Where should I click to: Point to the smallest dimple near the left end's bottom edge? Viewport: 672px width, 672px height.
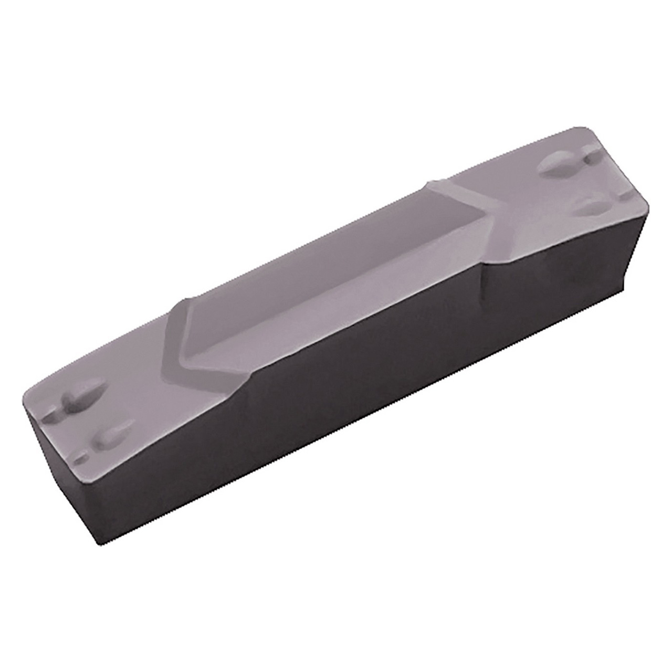(80, 458)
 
